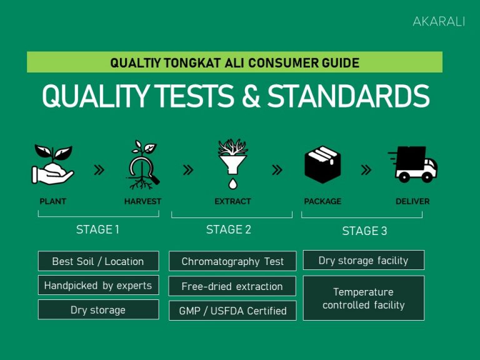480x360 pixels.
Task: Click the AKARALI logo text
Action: [439, 21]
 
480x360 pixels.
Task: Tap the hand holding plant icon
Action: [52, 165]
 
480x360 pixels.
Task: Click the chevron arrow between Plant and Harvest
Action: [99, 169]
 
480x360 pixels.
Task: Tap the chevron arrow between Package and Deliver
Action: [366, 169]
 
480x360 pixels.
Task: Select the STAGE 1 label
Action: [97, 229]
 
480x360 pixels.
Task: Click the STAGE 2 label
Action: [229, 229]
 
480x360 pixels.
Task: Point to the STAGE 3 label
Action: [364, 231]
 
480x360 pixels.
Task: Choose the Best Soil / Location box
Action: [98, 261]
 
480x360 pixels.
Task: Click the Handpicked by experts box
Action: [98, 286]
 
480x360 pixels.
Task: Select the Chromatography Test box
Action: [232, 261]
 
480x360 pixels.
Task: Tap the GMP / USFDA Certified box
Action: [232, 311]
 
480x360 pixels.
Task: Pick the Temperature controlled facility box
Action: [364, 298]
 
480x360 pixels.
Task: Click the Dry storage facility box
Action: [364, 260]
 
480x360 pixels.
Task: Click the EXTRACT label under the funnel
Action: [232, 201]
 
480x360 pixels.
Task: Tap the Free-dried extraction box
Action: [232, 286]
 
